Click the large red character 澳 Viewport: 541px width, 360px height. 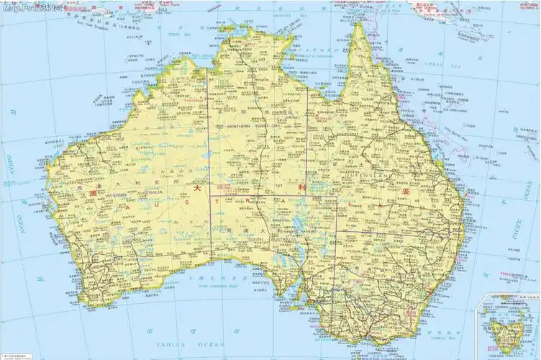[x=91, y=194]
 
